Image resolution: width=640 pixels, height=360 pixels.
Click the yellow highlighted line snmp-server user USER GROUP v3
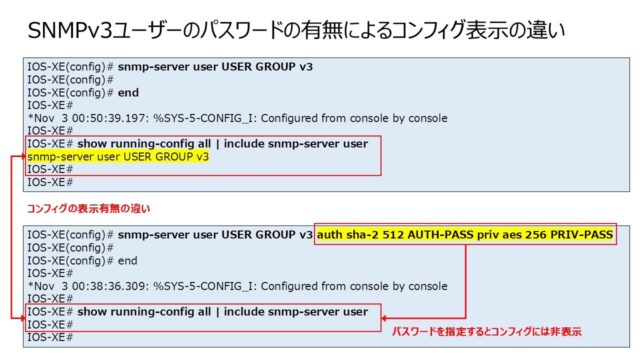(x=118, y=157)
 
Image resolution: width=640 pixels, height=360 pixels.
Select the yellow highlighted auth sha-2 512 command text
(x=465, y=234)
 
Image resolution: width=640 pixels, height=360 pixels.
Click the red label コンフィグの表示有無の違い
(x=88, y=209)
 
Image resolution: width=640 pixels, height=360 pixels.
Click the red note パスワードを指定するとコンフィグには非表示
(x=486, y=331)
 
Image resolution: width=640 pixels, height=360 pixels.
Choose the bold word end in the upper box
(x=128, y=93)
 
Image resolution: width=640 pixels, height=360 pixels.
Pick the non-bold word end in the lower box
(x=127, y=261)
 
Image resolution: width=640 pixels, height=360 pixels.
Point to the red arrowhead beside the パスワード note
(x=384, y=318)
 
